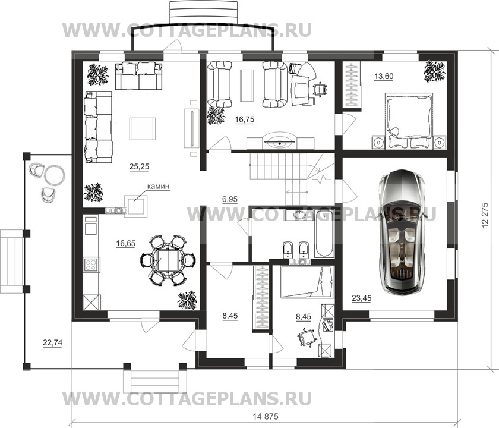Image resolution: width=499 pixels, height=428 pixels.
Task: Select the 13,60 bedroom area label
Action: (x=383, y=76)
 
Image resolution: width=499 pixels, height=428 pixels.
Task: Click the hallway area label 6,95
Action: (x=230, y=199)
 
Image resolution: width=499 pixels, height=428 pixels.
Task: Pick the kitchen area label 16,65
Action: (x=127, y=243)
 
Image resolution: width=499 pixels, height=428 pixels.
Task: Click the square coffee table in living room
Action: (x=143, y=128)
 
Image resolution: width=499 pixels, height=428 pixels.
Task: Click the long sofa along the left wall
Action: (x=97, y=127)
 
